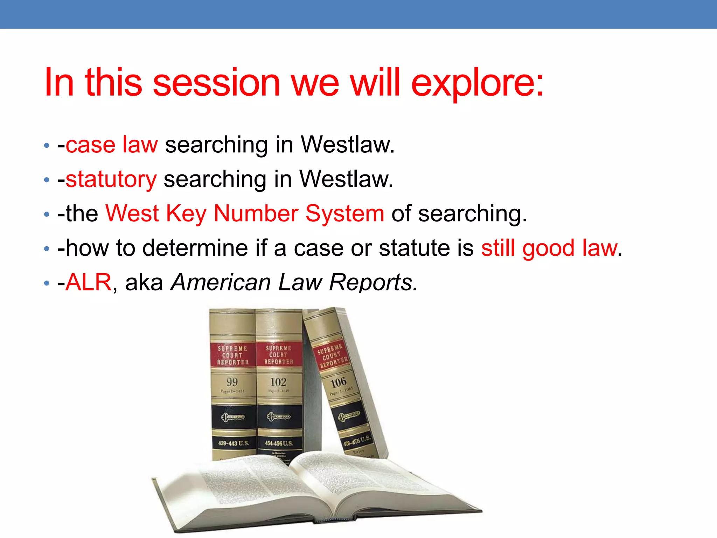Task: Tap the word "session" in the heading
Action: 216,83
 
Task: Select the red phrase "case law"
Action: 111,144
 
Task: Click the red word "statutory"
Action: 111,179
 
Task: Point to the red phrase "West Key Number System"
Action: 245,213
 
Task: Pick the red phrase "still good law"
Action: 549,248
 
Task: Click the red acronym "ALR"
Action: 88,282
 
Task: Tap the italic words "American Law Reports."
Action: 294,282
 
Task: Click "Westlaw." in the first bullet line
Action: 348,144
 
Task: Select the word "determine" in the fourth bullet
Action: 195,248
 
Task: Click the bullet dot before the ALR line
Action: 47,283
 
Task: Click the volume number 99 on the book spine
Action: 232,382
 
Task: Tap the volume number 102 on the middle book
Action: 278,382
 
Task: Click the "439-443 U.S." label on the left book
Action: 234,443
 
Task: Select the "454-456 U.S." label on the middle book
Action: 279,443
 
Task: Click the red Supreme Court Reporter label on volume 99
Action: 232,355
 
